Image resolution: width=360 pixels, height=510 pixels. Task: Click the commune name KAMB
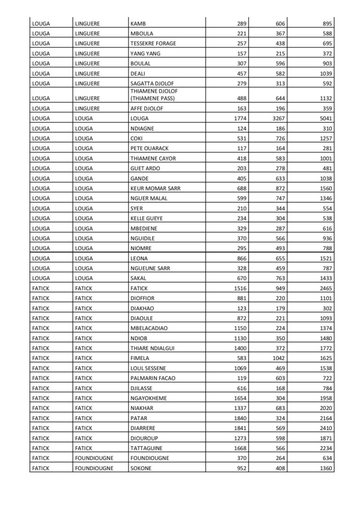click(x=138, y=23)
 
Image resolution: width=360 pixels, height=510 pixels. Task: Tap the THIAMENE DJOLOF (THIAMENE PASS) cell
click(x=153, y=94)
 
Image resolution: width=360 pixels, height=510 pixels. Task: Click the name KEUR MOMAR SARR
click(x=154, y=188)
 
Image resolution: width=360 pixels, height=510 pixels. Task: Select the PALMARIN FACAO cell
click(x=153, y=377)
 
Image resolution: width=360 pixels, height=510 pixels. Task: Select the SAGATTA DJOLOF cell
click(x=152, y=83)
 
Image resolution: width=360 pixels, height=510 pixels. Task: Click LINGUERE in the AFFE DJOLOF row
click(x=88, y=108)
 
